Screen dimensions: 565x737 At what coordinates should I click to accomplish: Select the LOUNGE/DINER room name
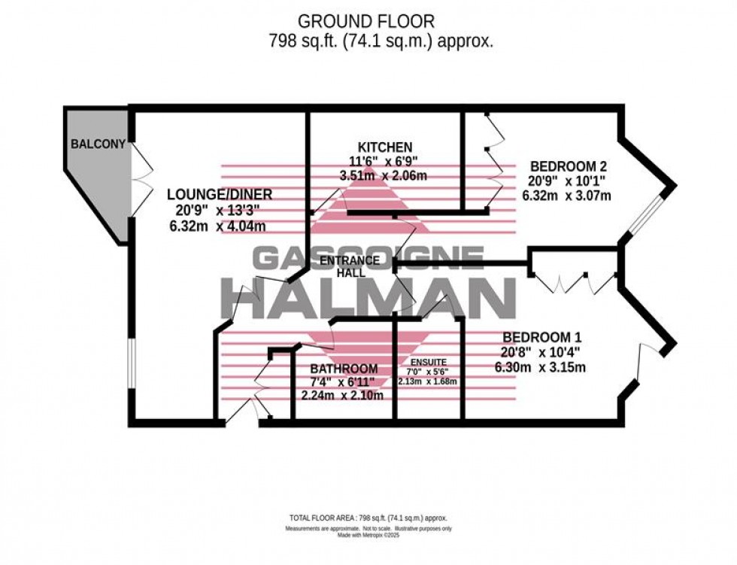(x=219, y=195)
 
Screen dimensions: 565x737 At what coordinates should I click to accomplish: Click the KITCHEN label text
(x=384, y=147)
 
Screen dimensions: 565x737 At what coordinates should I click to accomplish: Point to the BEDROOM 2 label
(x=569, y=166)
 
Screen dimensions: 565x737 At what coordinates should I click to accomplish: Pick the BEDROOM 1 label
(x=541, y=338)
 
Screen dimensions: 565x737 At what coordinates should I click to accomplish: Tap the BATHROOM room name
(x=344, y=369)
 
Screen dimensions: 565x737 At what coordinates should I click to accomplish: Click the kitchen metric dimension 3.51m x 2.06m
(x=384, y=176)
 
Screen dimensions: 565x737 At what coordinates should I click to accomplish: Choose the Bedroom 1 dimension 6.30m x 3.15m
(x=540, y=368)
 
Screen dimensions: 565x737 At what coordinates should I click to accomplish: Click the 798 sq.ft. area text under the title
(x=381, y=42)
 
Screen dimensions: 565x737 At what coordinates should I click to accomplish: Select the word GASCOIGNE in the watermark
(x=368, y=258)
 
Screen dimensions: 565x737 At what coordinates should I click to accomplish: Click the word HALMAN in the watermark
(x=368, y=298)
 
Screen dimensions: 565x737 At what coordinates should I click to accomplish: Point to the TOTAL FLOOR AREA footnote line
(x=368, y=518)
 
